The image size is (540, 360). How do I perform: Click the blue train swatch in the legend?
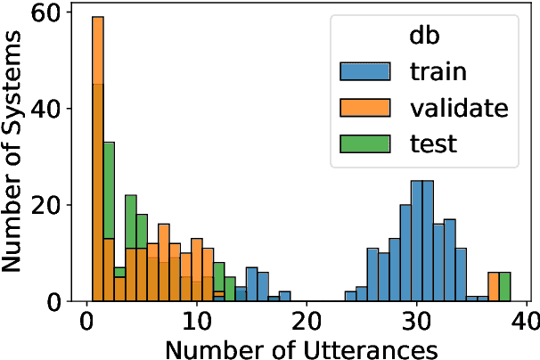[x=365, y=70]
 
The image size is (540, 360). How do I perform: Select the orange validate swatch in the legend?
[x=365, y=108]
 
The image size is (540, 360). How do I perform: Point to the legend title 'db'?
[x=421, y=35]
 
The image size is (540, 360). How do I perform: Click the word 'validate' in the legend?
[x=459, y=108]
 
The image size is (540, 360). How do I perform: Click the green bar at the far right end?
[x=504, y=287]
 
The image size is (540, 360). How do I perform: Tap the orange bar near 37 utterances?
[x=494, y=287]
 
